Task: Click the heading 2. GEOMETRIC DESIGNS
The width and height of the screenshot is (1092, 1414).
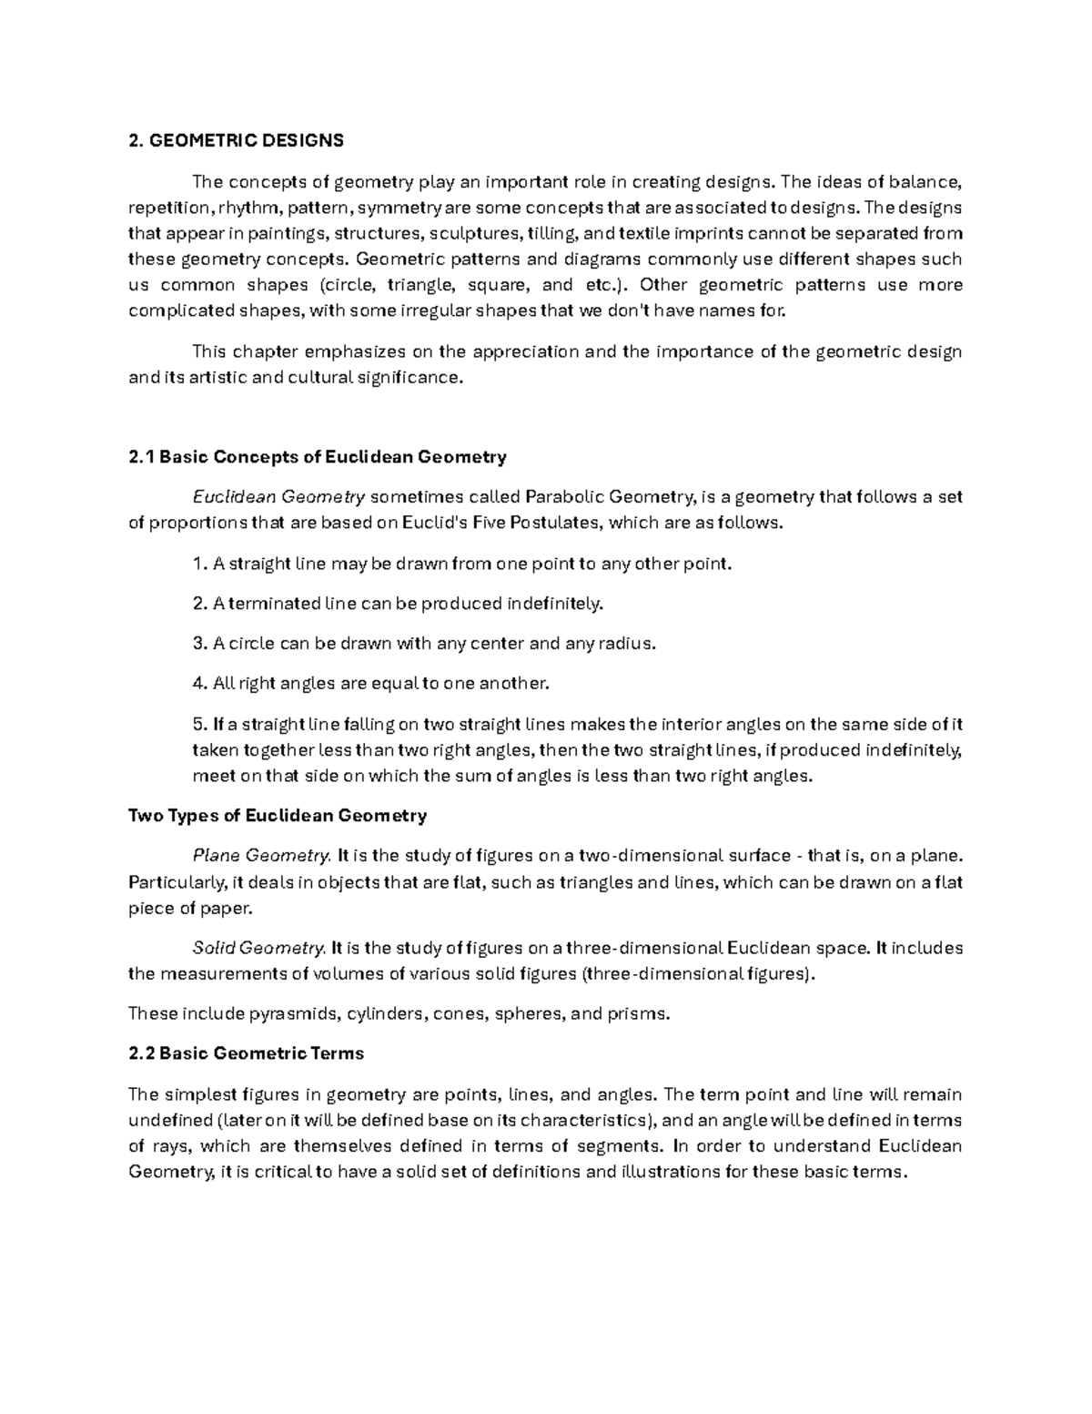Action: tap(237, 140)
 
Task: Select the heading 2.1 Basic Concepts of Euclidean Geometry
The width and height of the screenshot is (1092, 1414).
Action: tap(318, 457)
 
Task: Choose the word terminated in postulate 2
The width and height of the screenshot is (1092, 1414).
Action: tap(273, 604)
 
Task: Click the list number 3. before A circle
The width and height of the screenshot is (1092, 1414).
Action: tap(200, 644)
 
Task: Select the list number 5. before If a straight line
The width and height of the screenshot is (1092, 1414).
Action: tap(200, 725)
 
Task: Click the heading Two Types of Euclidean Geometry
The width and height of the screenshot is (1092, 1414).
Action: tap(278, 816)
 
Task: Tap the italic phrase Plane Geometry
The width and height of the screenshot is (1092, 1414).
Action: tap(261, 856)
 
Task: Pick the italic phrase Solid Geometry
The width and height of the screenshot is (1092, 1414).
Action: tap(258, 948)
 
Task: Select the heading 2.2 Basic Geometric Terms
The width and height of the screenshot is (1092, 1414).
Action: tap(247, 1053)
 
